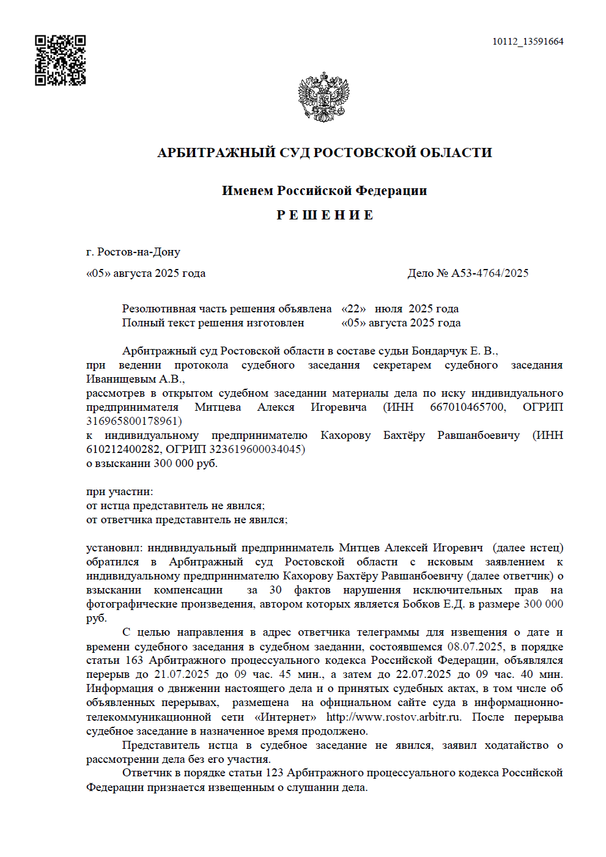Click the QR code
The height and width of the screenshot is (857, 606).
point(60,60)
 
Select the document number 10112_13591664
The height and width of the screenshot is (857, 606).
point(528,42)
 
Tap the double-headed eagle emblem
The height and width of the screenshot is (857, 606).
point(323,97)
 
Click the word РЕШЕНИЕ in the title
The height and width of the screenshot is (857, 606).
point(325,215)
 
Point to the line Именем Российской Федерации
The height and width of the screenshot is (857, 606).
point(324,191)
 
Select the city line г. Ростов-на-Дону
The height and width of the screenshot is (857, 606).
point(133,252)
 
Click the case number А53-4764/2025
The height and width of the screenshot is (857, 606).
point(490,273)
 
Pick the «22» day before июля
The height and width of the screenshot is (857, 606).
point(353,309)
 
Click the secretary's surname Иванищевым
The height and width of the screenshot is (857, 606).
point(113,379)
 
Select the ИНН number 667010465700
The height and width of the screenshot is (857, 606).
point(468,407)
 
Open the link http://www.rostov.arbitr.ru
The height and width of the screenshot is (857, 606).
point(393,717)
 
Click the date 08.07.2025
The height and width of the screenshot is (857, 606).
point(475,647)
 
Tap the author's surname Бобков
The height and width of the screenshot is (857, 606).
point(422,604)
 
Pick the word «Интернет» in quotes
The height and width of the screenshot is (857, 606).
point(286,717)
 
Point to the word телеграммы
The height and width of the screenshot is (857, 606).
point(388,632)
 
